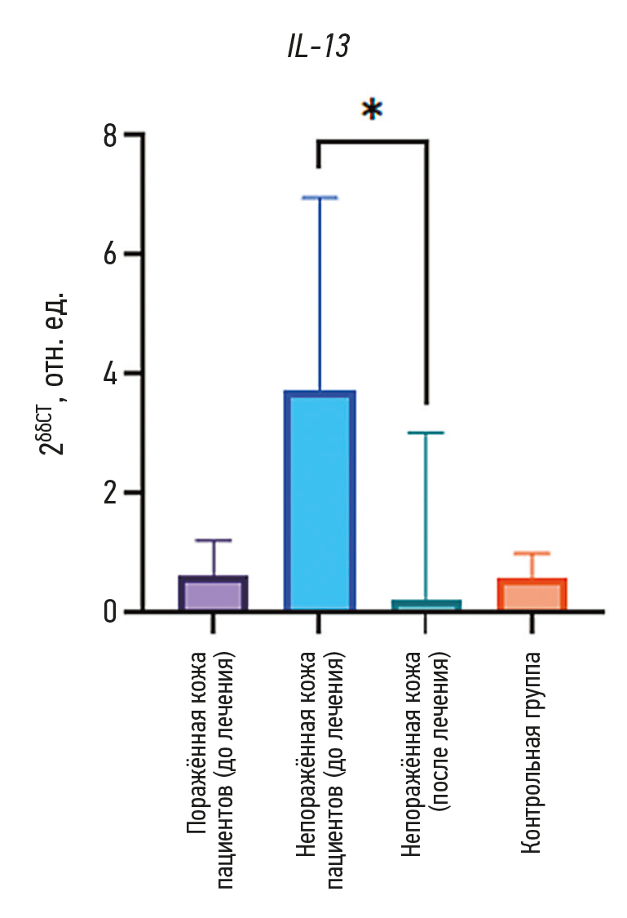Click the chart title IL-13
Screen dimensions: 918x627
[318, 47]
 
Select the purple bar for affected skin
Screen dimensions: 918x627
[213, 593]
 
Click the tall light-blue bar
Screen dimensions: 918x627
[319, 500]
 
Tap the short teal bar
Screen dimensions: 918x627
[426, 605]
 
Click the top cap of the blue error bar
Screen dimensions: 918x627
[319, 197]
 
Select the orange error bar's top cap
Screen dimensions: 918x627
[532, 553]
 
